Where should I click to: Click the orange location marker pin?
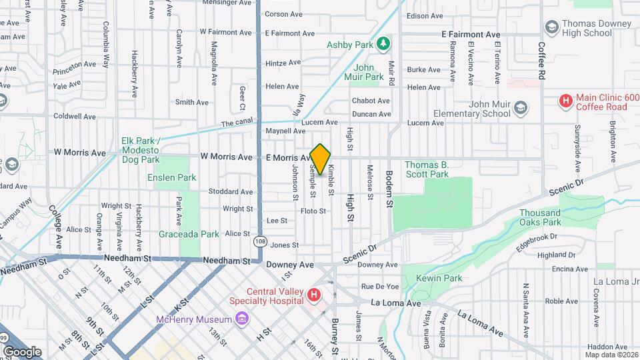[x=321, y=159]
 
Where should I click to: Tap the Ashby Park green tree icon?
[x=383, y=45]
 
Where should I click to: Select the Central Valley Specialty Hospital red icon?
[x=313, y=294]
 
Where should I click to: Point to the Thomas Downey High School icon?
[x=551, y=27]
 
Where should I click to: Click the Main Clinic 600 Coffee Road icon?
[x=565, y=101]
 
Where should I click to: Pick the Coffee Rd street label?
[x=542, y=59]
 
